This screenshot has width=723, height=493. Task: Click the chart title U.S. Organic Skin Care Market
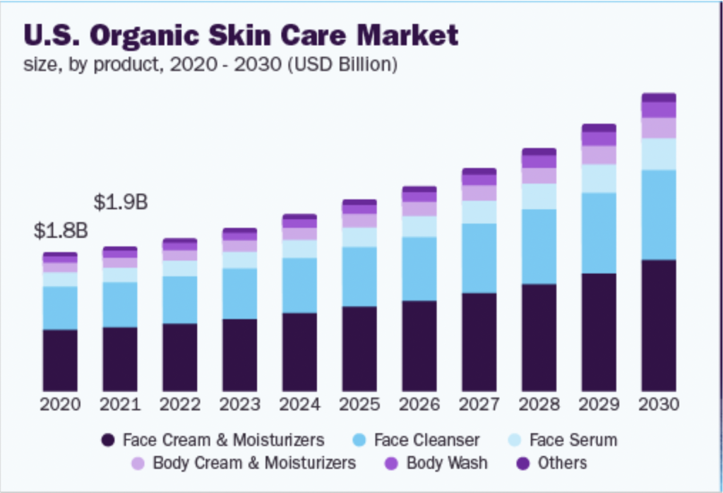(241, 35)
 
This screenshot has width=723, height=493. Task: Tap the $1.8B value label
(61, 231)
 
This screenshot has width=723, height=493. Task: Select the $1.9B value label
(121, 202)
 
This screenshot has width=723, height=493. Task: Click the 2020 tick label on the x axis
(60, 405)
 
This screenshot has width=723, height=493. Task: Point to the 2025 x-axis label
(359, 405)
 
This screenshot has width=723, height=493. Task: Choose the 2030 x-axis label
(659, 405)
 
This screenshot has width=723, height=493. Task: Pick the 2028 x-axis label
(539, 405)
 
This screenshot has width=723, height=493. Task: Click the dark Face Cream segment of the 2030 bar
(659, 326)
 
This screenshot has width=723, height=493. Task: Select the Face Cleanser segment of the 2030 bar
(659, 215)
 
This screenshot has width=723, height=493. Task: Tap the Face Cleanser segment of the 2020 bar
(60, 308)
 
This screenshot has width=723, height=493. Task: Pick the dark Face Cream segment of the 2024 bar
(299, 352)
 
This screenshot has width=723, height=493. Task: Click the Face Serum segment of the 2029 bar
(599, 179)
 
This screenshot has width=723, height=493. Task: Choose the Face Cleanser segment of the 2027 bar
(479, 258)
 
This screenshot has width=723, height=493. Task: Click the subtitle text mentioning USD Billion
(211, 66)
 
